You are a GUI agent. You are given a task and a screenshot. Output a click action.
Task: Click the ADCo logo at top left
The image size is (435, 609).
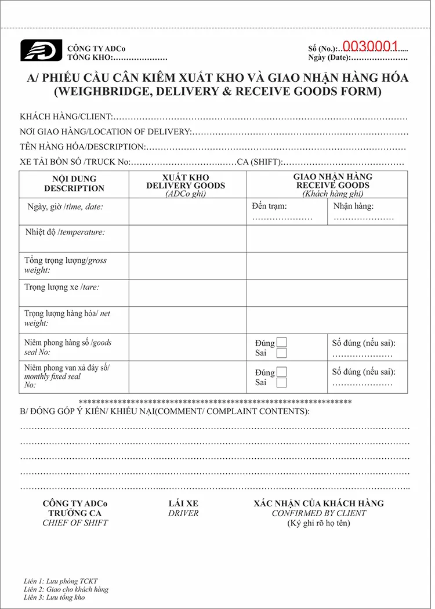click(41, 50)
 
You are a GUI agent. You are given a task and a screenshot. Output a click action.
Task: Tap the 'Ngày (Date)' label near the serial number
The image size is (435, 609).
click(328, 57)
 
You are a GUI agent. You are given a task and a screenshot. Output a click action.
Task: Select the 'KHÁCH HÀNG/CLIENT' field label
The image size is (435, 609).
click(66, 117)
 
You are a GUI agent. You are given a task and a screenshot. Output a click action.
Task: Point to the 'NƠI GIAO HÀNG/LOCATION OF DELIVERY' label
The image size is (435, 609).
click(105, 132)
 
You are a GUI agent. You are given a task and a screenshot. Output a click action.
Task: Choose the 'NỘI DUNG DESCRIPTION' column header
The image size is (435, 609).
click(74, 183)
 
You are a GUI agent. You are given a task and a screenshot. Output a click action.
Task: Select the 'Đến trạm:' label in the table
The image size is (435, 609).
click(269, 206)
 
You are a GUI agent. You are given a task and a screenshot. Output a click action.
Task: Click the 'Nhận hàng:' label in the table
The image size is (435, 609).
click(353, 206)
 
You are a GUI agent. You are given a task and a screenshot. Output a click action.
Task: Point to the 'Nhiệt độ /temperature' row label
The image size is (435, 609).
click(65, 232)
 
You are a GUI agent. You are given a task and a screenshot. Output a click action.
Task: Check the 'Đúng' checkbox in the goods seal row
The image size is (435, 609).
click(281, 342)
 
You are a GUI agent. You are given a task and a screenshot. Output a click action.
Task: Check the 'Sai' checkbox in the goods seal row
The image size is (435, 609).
click(281, 353)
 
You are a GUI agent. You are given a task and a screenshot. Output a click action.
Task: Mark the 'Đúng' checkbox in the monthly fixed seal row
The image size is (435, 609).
click(281, 372)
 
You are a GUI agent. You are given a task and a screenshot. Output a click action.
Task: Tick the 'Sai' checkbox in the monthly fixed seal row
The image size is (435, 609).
click(281, 382)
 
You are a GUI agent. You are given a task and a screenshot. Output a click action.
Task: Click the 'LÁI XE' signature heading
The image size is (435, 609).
click(183, 503)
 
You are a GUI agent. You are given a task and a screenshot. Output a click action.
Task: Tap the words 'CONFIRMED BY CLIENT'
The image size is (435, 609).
click(319, 513)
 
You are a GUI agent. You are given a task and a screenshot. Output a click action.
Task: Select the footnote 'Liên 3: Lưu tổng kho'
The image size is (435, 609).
click(55, 597)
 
